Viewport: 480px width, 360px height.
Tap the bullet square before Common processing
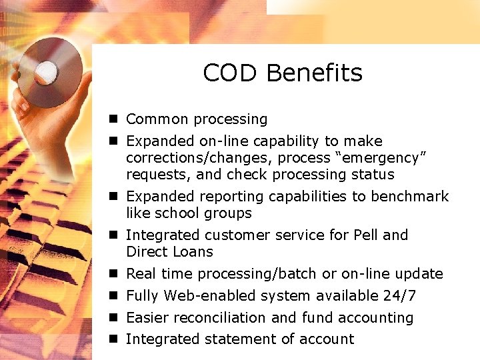pyautogui.click(x=114, y=119)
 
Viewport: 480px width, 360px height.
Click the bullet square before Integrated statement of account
pyautogui.click(x=114, y=339)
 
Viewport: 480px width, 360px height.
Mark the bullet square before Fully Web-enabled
pyautogui.click(x=114, y=295)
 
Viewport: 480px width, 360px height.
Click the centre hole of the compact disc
pyautogui.click(x=46, y=69)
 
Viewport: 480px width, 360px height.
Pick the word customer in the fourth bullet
pyautogui.click(x=233, y=235)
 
